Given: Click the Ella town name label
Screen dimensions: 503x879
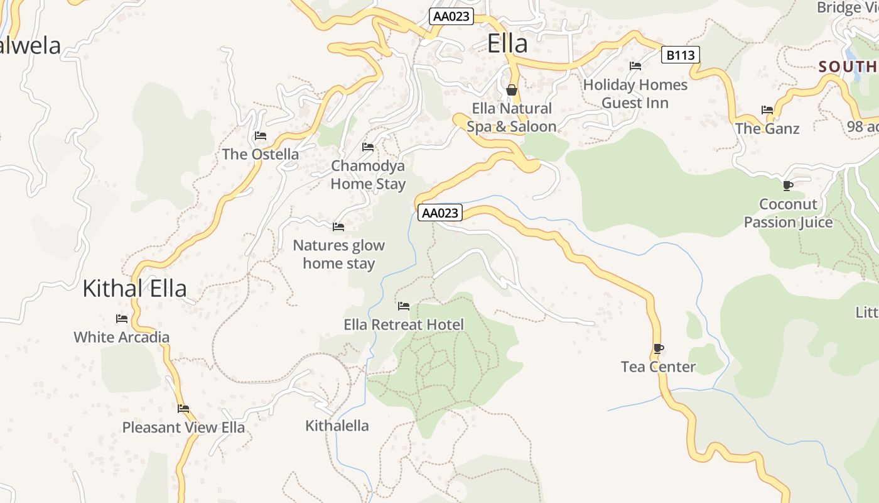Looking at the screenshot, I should (x=507, y=44).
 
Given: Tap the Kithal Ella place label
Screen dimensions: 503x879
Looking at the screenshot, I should (x=134, y=289).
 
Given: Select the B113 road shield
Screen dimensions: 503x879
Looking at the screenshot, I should (x=680, y=55).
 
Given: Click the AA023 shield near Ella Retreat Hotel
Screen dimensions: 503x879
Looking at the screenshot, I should (x=440, y=213).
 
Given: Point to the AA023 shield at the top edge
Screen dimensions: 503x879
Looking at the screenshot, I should (x=451, y=16).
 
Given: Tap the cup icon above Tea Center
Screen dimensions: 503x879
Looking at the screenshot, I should (x=658, y=348).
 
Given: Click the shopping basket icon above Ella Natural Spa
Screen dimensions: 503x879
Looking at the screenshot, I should (x=512, y=90).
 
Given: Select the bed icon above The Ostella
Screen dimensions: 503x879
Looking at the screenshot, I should (x=261, y=136).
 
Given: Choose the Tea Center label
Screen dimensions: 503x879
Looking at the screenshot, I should (x=658, y=367).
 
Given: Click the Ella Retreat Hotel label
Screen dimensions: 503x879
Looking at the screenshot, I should (x=404, y=324).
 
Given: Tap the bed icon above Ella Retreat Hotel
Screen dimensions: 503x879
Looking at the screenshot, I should (x=404, y=306).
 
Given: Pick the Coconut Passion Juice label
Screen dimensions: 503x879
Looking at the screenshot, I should (x=788, y=213).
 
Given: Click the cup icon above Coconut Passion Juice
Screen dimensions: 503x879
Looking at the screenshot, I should (x=787, y=185).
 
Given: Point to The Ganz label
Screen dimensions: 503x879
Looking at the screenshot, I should (x=767, y=129).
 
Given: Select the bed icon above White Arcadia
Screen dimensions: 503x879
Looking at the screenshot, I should (x=122, y=319).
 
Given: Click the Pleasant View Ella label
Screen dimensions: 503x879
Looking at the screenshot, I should (x=183, y=428).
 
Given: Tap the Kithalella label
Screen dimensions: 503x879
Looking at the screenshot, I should (x=337, y=426).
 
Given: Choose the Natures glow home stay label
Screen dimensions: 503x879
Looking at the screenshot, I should (x=339, y=255).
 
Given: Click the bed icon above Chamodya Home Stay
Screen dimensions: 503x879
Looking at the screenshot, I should (x=368, y=147).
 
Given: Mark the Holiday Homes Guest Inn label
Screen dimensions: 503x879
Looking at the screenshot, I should (x=635, y=94).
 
